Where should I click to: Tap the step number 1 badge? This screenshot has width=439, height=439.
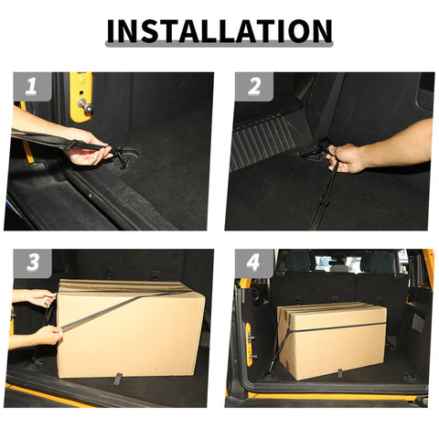point(32,88)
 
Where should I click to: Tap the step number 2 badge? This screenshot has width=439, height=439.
point(254,88)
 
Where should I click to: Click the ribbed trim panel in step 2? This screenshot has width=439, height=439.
point(261,142)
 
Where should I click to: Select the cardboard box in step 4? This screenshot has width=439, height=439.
point(331,340)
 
